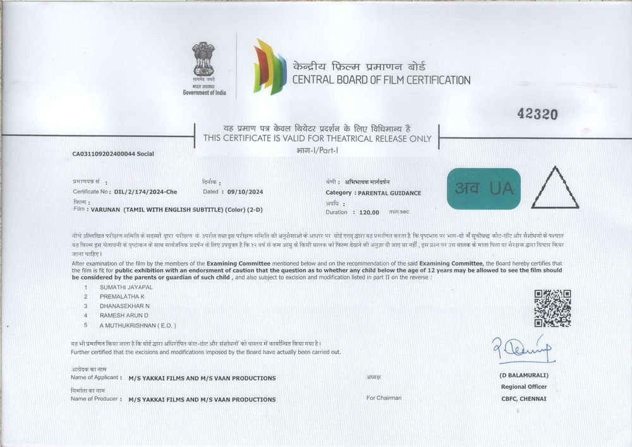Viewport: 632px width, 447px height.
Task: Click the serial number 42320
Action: click(x=537, y=114)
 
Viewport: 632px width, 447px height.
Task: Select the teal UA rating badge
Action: click(x=483, y=188)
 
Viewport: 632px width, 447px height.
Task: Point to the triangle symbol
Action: click(x=555, y=189)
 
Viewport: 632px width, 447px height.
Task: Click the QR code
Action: click(x=552, y=308)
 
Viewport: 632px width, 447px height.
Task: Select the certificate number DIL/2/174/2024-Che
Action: click(x=146, y=191)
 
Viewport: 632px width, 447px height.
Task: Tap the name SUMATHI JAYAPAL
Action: click(x=126, y=287)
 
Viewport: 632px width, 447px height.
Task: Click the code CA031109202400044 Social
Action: click(x=113, y=154)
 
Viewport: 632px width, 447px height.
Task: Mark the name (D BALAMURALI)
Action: click(x=523, y=376)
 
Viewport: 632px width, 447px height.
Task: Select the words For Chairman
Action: click(x=384, y=398)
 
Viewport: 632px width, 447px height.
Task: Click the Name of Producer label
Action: click(x=95, y=399)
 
